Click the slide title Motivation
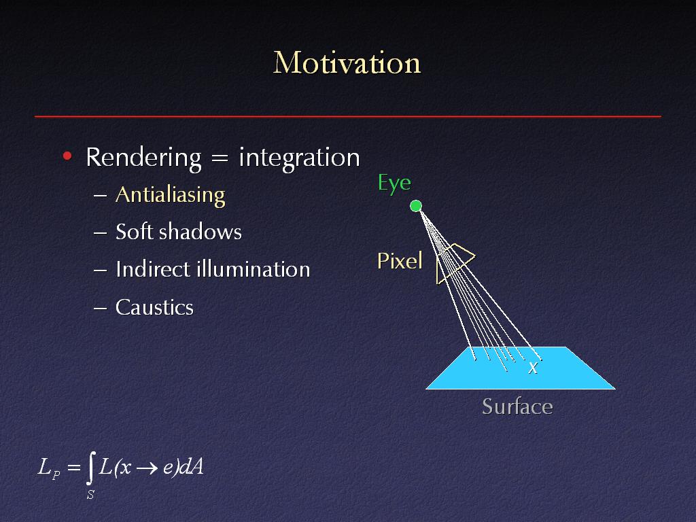tap(347, 63)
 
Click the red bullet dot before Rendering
tap(67, 156)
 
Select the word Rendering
tap(144, 158)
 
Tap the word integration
tap(299, 158)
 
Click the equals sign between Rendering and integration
tap(220, 158)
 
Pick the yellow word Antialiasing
tap(171, 195)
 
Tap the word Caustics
tap(154, 307)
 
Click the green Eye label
tap(395, 184)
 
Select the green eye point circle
tap(416, 206)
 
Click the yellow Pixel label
tap(400, 261)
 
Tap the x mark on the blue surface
tap(533, 368)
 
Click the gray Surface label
tap(517, 406)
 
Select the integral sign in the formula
tap(90, 468)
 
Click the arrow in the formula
tap(147, 468)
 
